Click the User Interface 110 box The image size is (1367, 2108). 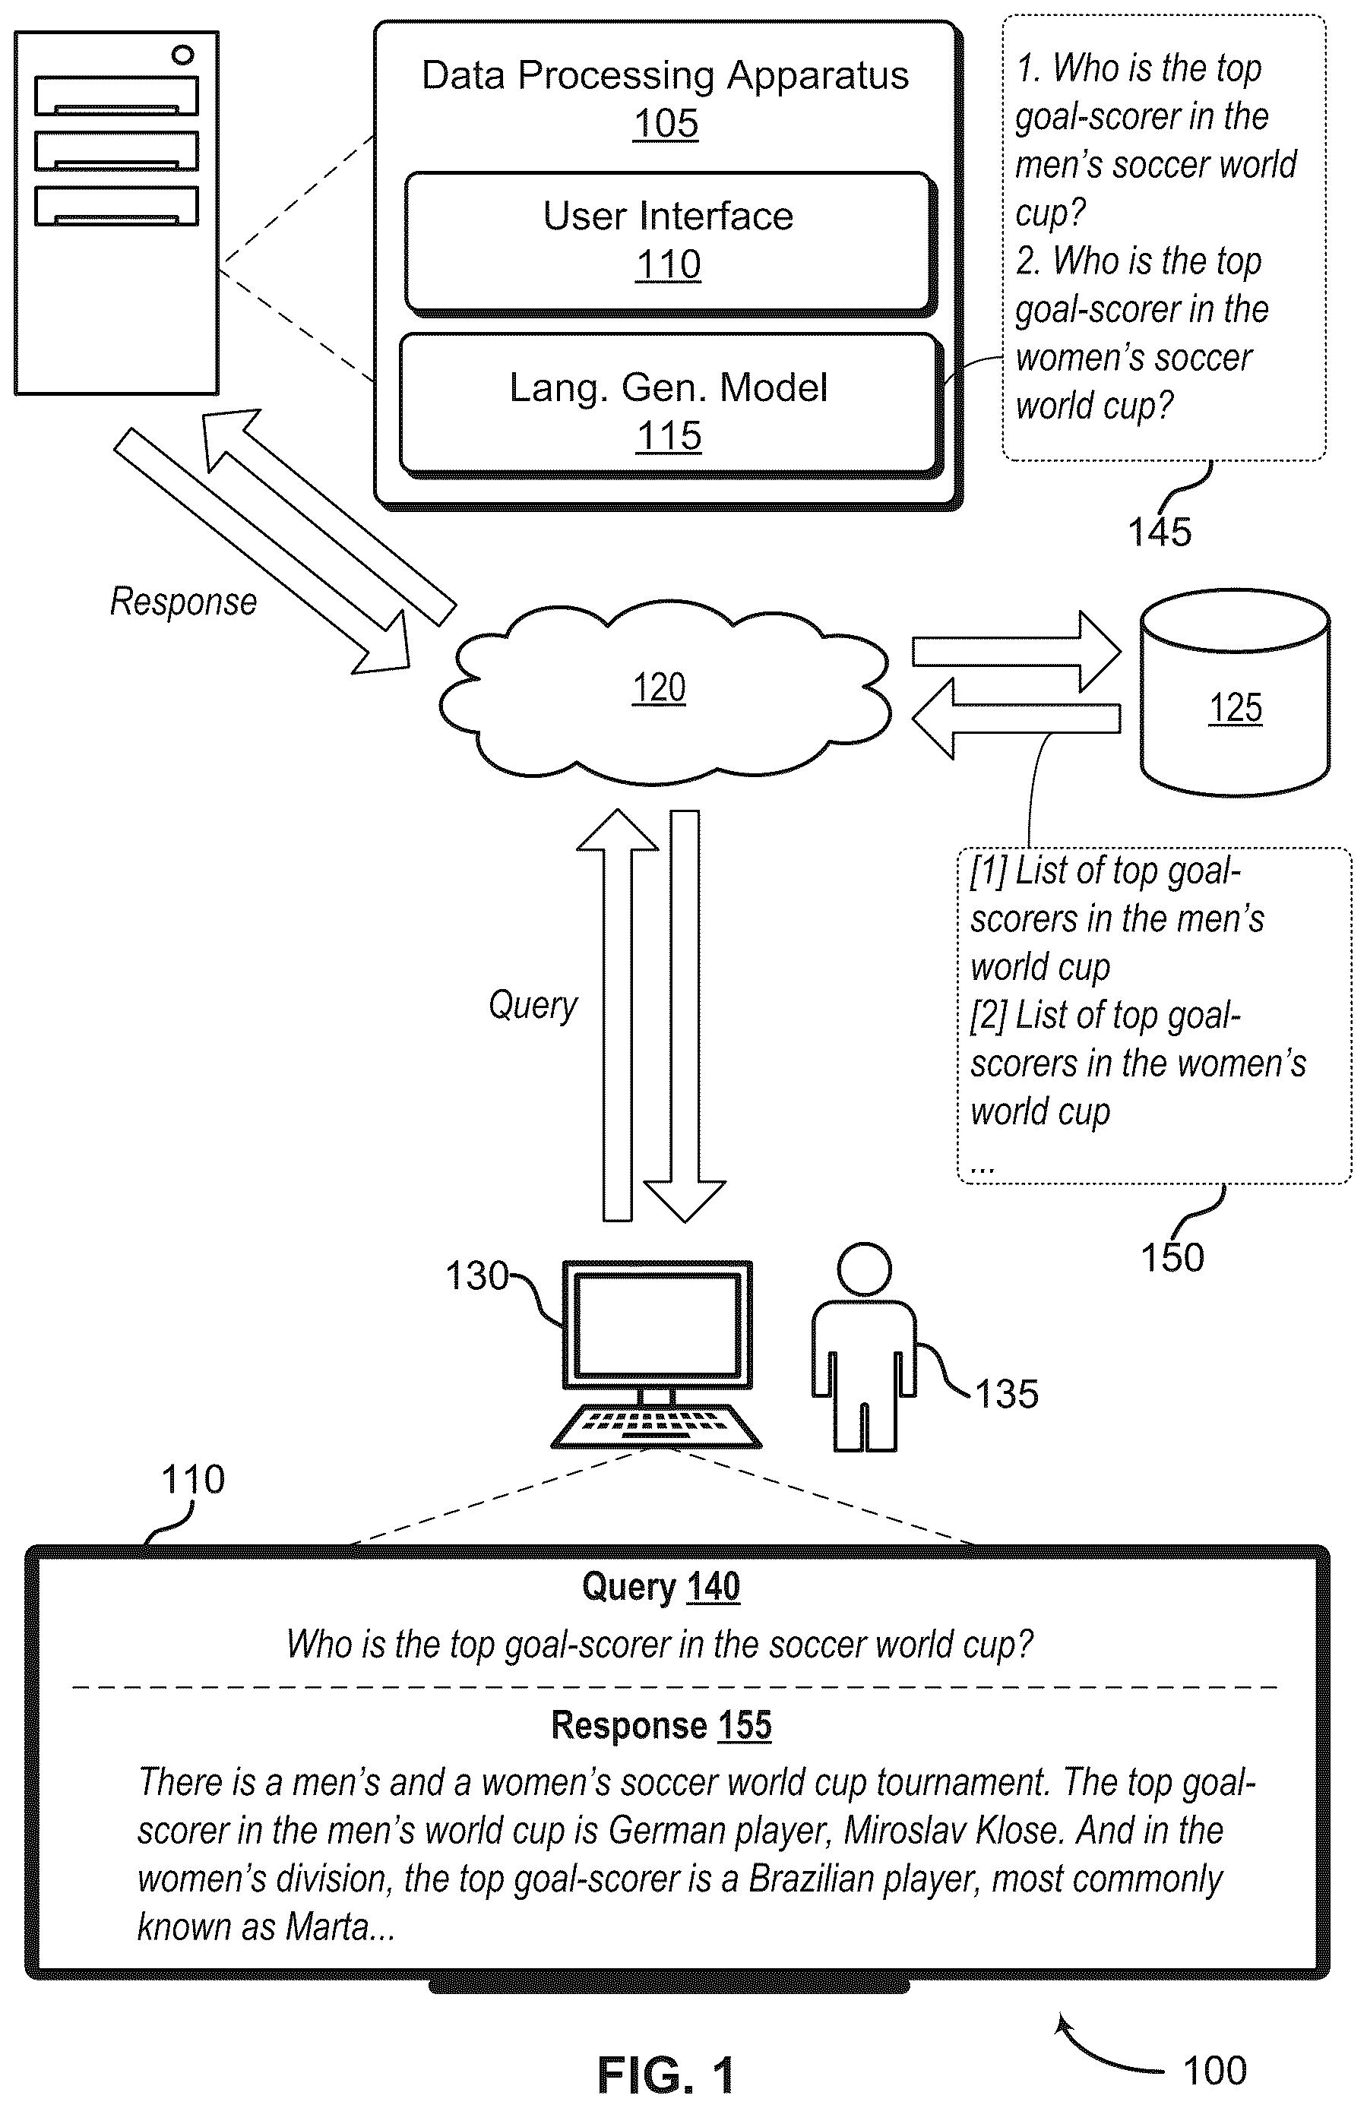point(669,242)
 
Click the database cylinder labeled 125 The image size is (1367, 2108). point(1234,693)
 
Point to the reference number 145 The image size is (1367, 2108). point(1159,533)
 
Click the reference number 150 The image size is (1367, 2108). point(1172,1258)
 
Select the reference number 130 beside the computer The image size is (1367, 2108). point(476,1276)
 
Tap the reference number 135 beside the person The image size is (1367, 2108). point(1006,1394)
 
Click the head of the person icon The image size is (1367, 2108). point(864,1269)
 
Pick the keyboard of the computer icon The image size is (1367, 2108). point(656,1426)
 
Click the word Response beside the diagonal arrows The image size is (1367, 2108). point(183,602)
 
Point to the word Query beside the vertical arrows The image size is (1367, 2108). point(533,1005)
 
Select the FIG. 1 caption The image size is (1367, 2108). point(666,2075)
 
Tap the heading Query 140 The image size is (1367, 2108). point(661,1586)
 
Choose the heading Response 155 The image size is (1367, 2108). point(661,1724)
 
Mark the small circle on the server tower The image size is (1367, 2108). point(182,55)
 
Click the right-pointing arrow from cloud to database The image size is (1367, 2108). point(1016,652)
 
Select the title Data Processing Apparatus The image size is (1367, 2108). point(666,76)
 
